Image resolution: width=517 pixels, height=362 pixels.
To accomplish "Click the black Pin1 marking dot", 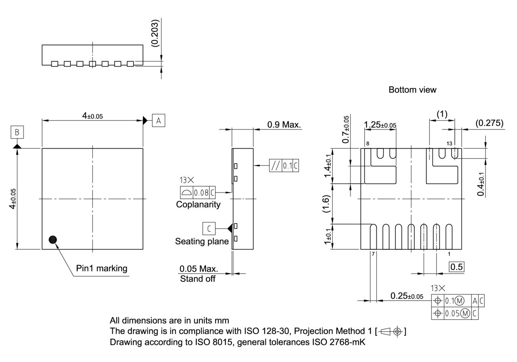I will click(53, 240).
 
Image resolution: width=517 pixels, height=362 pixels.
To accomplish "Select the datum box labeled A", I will click(158, 120).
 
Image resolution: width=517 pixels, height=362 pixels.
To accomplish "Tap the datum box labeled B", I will click(17, 132).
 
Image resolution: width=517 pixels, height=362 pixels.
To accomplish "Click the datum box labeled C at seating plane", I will click(209, 228).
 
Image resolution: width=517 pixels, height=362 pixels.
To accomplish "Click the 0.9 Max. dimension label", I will click(284, 124).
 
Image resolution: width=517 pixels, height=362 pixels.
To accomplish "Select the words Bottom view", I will click(412, 90).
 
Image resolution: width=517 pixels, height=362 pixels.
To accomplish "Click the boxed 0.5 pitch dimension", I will click(456, 267).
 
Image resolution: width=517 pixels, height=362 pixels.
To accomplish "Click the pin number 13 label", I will click(449, 143).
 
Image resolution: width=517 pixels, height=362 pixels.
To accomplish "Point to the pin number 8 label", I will click(368, 143).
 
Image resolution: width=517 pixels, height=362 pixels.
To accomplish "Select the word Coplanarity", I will click(198, 204).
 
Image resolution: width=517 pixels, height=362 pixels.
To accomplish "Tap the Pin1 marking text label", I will click(101, 268).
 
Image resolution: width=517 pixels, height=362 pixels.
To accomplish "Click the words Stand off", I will click(198, 279).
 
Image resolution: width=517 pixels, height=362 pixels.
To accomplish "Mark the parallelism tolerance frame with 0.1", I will click(284, 166).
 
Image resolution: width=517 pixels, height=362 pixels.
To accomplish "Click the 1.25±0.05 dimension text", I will click(380, 125).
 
